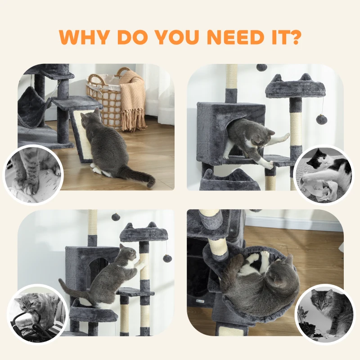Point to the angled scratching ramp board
tap(82, 135)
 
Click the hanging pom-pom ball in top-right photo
tap(321, 119)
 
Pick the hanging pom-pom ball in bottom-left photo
tap(167, 258)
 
